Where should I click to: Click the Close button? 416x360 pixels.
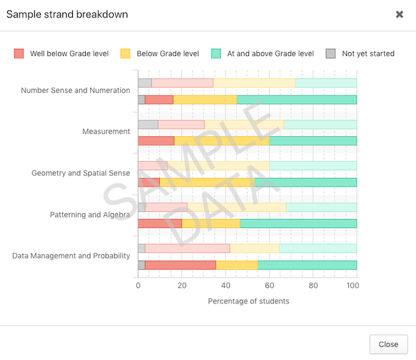[x=388, y=344]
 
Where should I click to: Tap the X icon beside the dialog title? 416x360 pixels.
[x=400, y=14]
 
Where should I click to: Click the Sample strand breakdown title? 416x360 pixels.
[x=67, y=14]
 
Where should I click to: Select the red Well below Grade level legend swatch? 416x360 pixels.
[x=19, y=53]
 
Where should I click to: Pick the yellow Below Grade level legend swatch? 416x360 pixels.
[x=126, y=53]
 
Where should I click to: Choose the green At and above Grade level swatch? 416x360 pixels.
[x=216, y=53]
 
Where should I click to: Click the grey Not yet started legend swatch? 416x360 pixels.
[x=331, y=53]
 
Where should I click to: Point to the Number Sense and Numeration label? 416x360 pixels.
[x=75, y=90]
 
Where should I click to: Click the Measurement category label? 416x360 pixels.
[x=106, y=131]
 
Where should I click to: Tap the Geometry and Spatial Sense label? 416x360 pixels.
[x=81, y=173]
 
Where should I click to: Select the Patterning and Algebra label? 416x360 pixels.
[x=90, y=214]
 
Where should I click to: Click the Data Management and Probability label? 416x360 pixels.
[x=71, y=255]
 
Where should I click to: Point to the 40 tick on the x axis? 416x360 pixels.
[x=226, y=285]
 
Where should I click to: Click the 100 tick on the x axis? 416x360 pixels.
[x=353, y=285]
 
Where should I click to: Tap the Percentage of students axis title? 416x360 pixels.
[x=248, y=301]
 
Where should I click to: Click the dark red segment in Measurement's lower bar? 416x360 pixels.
[x=156, y=141]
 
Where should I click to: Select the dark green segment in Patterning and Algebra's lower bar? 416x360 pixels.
[x=298, y=224]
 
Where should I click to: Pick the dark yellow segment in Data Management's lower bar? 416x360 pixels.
[x=237, y=265]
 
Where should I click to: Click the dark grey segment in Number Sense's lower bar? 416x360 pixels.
[x=142, y=99]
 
